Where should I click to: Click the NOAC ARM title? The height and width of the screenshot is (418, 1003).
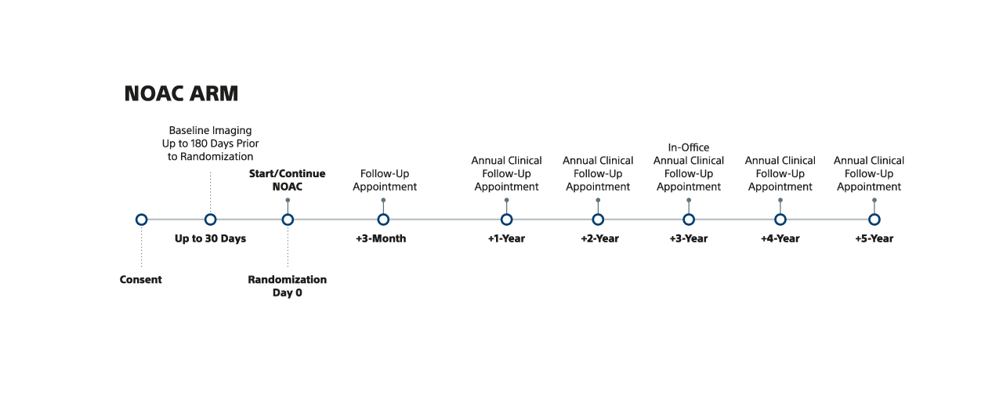[x=181, y=94]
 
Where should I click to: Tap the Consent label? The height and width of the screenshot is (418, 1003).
[x=141, y=280]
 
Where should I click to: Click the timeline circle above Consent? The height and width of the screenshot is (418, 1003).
[x=141, y=220]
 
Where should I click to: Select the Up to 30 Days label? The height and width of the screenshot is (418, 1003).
[x=210, y=238]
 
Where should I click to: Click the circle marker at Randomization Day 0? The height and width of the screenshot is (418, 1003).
[x=288, y=220]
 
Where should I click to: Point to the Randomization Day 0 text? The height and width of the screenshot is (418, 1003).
[x=287, y=286]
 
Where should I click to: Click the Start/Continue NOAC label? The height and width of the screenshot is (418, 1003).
[x=287, y=180]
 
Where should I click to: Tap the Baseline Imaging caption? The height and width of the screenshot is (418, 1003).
[x=210, y=144]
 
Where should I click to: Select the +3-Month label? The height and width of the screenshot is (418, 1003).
[x=381, y=238]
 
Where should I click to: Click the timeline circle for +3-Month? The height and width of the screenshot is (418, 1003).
[x=383, y=220]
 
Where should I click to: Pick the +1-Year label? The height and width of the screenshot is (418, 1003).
[x=506, y=238]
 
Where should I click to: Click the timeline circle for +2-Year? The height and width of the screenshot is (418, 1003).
[x=598, y=220]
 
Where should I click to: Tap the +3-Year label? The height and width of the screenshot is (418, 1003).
[x=688, y=238]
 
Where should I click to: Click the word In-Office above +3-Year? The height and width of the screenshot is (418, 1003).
[x=689, y=147]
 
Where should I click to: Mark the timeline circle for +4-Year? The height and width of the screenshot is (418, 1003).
[x=780, y=220]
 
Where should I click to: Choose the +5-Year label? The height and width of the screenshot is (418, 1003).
[x=874, y=238]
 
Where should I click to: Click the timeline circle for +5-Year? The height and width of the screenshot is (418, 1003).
[x=874, y=220]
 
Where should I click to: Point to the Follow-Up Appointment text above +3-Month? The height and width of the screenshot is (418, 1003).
[x=385, y=180]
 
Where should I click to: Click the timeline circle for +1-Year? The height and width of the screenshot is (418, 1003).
[x=507, y=220]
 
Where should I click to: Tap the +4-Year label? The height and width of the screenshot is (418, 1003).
[x=780, y=238]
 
